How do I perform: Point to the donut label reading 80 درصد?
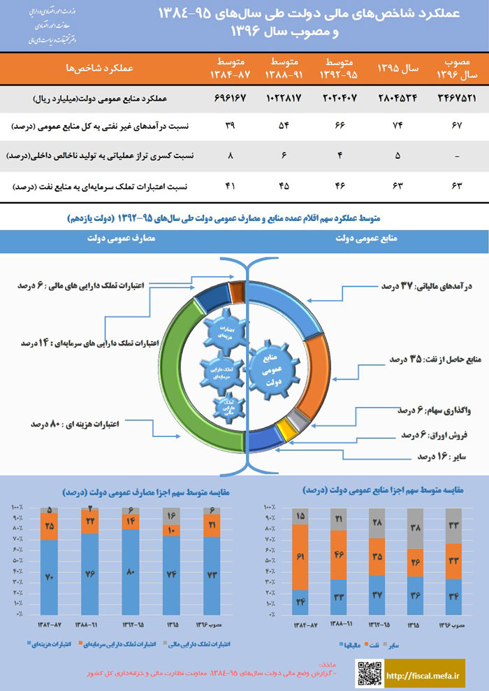[73, 424]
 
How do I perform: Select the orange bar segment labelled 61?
[301, 557]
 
